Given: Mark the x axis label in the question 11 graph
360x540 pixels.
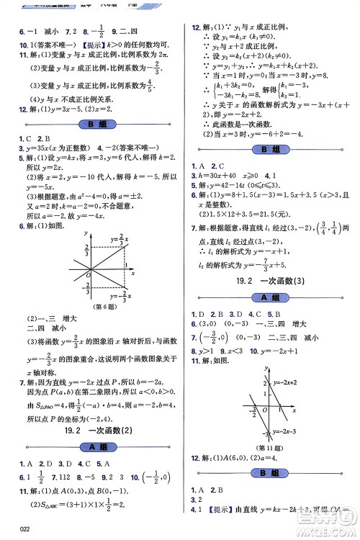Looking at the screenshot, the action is tap(295, 409).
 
